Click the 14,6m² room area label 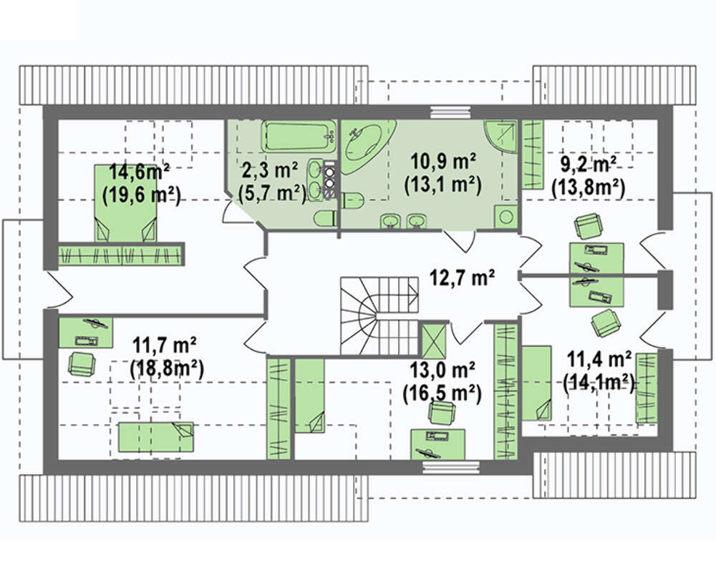click(x=140, y=172)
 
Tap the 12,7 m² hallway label click(x=462, y=277)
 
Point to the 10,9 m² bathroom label click(x=443, y=162)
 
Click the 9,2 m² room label click(x=588, y=165)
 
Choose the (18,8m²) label click(x=167, y=368)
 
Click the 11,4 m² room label click(x=599, y=359)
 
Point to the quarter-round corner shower click(x=501, y=137)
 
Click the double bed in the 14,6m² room click(x=125, y=203)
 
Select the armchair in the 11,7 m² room click(x=82, y=364)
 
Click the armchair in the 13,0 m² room click(x=442, y=413)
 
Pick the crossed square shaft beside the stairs click(x=433, y=340)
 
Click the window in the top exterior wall click(x=450, y=112)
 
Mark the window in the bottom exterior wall click(x=450, y=467)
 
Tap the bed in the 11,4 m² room click(x=536, y=383)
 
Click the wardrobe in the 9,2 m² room click(x=533, y=155)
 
